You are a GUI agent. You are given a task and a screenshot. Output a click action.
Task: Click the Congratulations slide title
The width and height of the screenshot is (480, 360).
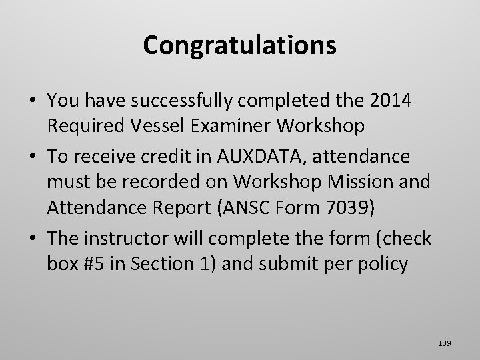click(x=239, y=45)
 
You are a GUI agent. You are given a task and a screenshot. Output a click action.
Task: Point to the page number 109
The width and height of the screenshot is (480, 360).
click(x=445, y=343)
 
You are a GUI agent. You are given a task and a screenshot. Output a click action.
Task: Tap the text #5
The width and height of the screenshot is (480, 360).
click(x=94, y=263)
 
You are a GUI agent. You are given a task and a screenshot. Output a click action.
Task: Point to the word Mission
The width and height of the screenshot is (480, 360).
click(x=352, y=182)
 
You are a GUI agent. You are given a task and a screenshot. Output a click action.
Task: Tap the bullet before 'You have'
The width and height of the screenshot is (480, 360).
click(x=32, y=101)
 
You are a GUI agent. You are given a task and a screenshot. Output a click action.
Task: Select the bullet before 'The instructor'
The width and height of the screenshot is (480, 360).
click(x=32, y=238)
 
